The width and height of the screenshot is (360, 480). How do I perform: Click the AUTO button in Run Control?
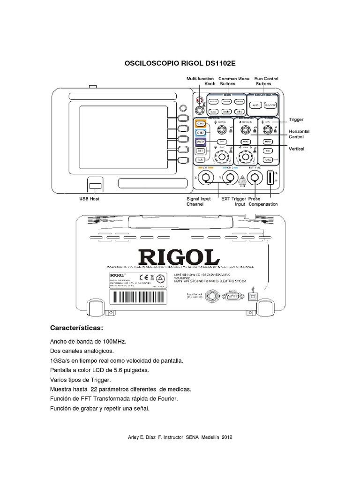point(255,105)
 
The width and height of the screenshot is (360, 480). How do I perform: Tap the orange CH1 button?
point(201,124)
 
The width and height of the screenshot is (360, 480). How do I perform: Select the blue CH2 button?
point(201,133)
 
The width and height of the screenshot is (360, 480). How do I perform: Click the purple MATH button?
point(201,142)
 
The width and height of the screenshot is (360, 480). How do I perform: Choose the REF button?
point(201,151)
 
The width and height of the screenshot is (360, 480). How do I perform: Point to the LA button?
point(201,160)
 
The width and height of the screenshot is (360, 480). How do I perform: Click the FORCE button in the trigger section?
point(268,160)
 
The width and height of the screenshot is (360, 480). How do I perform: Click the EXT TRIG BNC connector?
point(255,178)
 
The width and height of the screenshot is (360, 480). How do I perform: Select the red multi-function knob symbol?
point(199,100)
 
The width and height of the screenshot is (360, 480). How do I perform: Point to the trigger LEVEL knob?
point(267,129)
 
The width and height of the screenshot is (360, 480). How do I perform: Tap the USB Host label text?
point(89,199)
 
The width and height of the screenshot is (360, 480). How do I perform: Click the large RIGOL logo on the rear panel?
point(179,257)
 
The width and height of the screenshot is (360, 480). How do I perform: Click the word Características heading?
point(76,327)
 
